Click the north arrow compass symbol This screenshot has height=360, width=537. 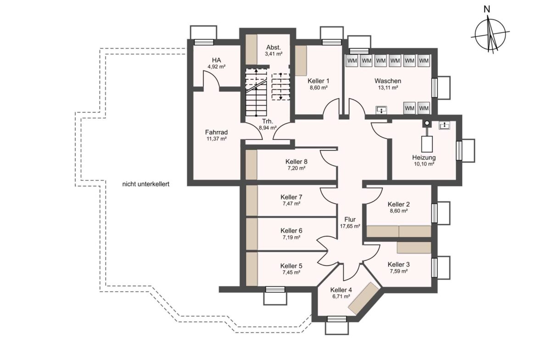point(491,34)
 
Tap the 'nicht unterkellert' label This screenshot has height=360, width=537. point(145,184)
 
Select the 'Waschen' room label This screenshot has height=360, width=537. point(388,81)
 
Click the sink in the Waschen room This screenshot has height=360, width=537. point(381,110)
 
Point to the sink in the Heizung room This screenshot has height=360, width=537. point(445,126)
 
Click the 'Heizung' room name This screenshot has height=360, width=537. point(424,158)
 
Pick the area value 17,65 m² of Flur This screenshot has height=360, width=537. point(350,226)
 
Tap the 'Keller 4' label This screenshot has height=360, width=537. point(341,290)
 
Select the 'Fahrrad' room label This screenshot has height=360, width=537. point(217,133)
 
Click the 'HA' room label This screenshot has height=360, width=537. point(217,61)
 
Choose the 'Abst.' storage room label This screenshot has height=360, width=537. point(274,48)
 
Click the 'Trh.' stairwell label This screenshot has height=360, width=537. point(268,122)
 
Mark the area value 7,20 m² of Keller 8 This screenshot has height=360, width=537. point(296,168)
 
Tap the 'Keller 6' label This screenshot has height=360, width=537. point(291,231)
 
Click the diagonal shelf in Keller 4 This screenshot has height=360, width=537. point(364,299)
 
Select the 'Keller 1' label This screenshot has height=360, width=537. point(319,81)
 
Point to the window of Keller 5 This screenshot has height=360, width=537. point(275,289)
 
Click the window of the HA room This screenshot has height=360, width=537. point(204,42)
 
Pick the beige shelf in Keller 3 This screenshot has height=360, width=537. point(414,248)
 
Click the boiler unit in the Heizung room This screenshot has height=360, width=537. point(427,144)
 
